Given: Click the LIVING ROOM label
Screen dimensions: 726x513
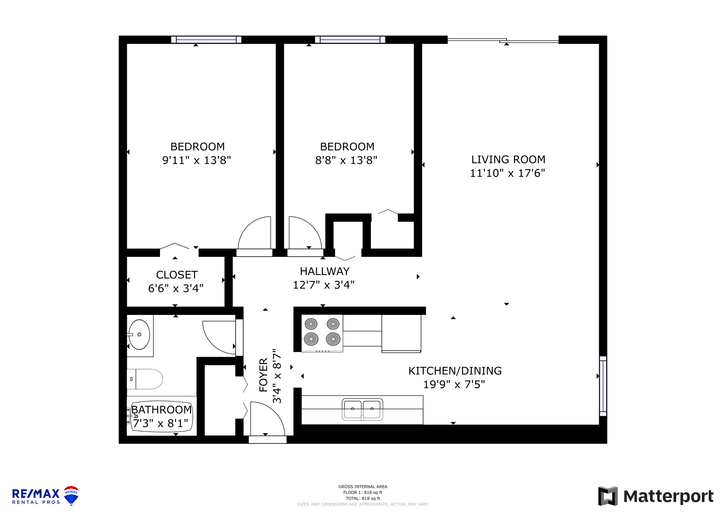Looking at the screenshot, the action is click(x=508, y=160).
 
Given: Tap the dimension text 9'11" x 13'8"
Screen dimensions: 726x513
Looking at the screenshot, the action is click(x=196, y=160).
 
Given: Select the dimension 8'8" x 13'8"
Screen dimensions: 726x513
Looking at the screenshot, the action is click(x=346, y=160).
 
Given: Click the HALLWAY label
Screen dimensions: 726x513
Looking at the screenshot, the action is click(x=324, y=271).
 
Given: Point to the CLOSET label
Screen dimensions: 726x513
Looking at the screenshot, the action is click(x=177, y=275).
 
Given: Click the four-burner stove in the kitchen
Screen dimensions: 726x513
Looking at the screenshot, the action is click(x=322, y=333).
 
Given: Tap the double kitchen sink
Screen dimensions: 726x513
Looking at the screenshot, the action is click(x=362, y=409).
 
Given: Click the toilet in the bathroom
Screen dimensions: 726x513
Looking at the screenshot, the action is click(x=145, y=379).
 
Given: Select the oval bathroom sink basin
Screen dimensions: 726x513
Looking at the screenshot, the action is click(x=139, y=334).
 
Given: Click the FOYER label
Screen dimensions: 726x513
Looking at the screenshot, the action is click(x=263, y=375).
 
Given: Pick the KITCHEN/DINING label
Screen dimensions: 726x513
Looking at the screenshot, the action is click(x=455, y=371).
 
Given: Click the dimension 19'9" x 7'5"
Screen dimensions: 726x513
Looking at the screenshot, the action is click(x=454, y=384).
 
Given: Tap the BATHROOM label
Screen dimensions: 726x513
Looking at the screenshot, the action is click(x=161, y=410).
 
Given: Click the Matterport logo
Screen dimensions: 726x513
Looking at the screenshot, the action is click(x=656, y=496).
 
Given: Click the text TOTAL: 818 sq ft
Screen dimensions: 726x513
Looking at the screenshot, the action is click(x=363, y=499).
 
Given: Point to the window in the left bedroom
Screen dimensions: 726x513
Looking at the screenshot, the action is click(x=206, y=39).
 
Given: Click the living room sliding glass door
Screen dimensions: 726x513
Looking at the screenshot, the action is click(x=503, y=40).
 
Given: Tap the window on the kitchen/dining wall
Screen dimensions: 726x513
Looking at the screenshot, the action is click(x=603, y=386).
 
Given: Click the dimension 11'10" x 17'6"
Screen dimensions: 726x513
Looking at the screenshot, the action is click(x=508, y=173).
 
